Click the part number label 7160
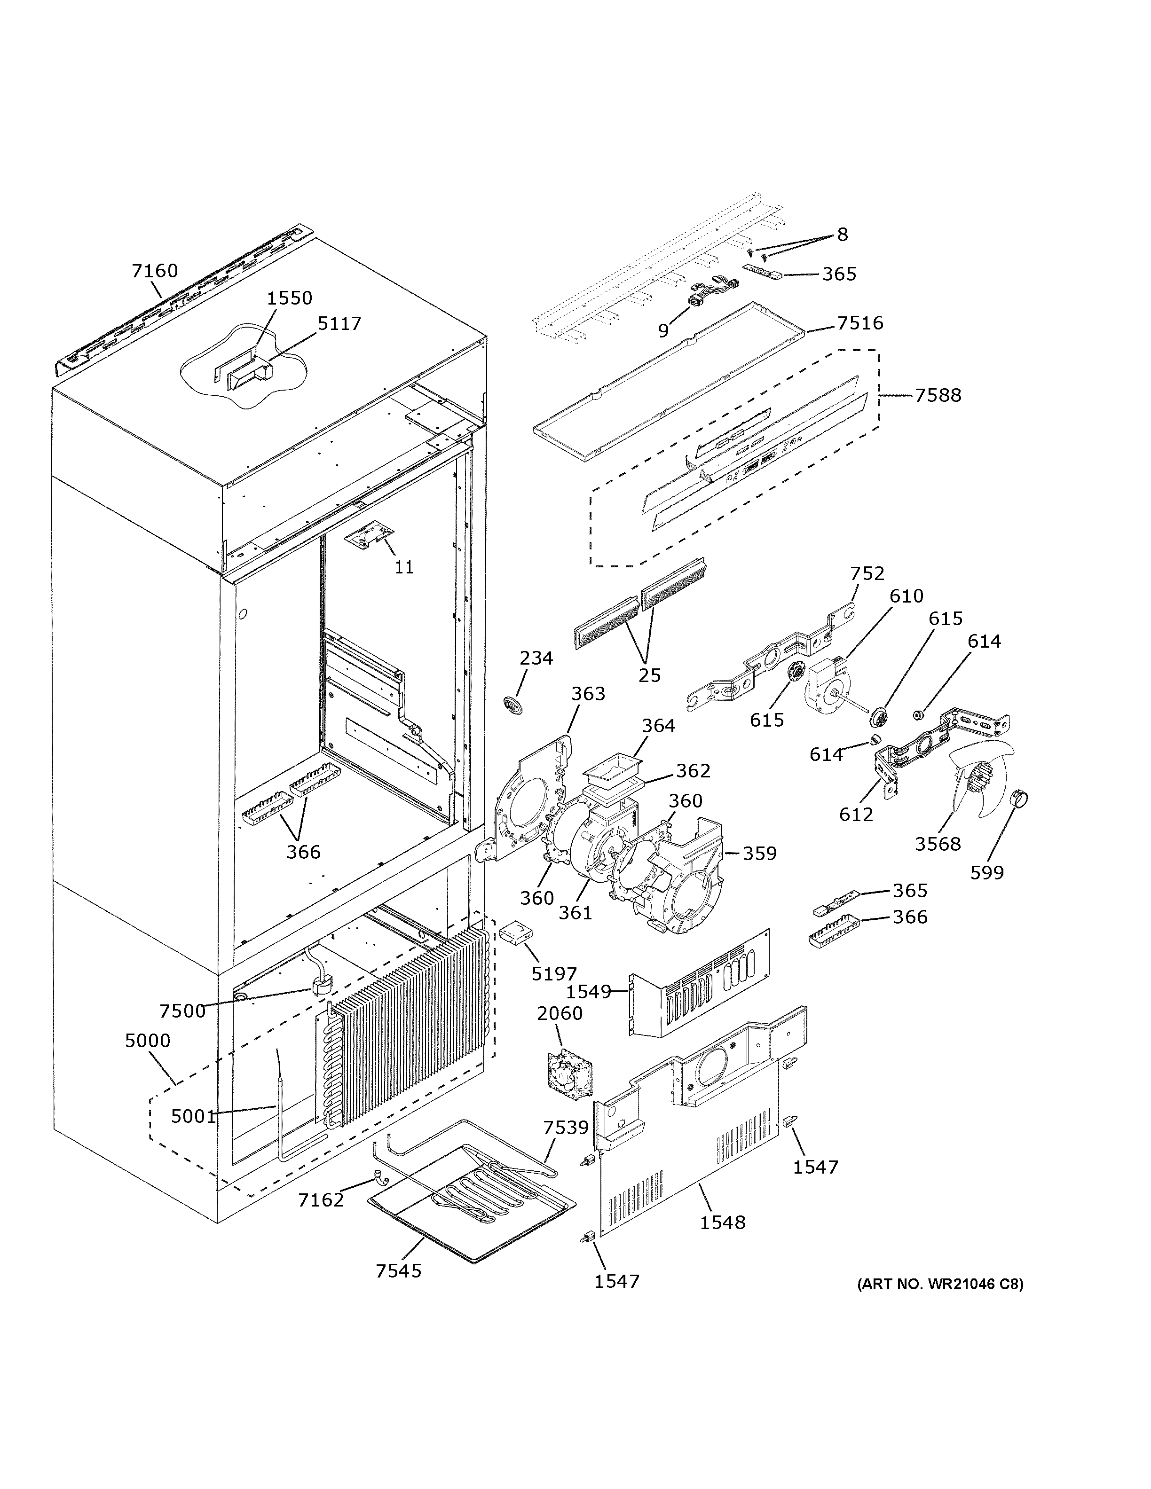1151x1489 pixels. pyautogui.click(x=154, y=271)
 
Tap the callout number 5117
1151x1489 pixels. pyautogui.click(x=339, y=323)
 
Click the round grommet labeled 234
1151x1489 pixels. pyautogui.click(x=514, y=704)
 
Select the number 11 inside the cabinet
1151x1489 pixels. pyautogui.click(x=404, y=567)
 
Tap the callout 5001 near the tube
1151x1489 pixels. pyautogui.click(x=193, y=1116)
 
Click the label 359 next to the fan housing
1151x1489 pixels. pyautogui.click(x=760, y=854)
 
